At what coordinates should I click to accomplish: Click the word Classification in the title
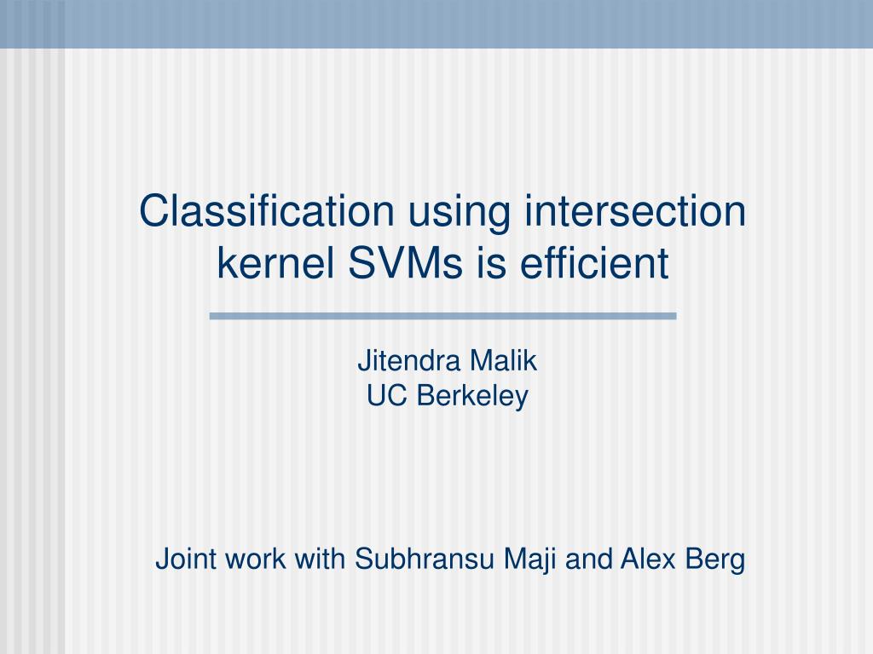267,211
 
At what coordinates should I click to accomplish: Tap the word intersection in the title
634,211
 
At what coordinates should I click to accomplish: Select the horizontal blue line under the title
443,316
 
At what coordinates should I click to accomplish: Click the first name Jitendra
408,360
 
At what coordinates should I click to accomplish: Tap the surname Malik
503,360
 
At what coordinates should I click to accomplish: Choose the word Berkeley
472,397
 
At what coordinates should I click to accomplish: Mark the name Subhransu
425,559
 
